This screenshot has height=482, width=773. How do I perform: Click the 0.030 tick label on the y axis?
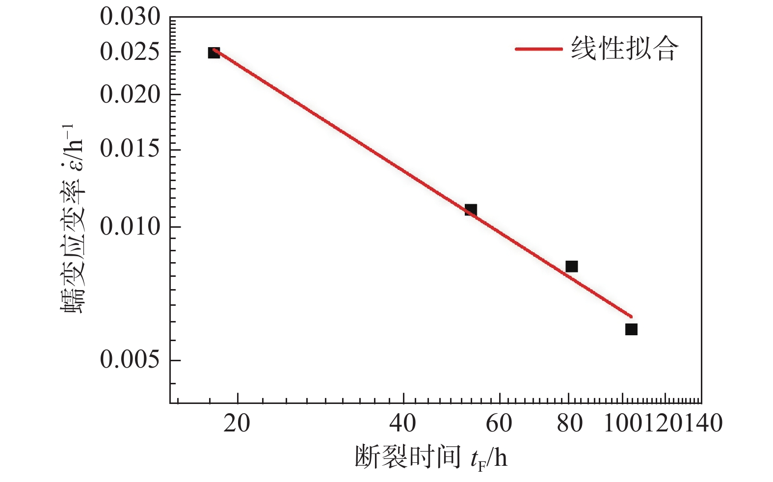[130, 18]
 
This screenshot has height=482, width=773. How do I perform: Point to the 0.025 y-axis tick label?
[130, 52]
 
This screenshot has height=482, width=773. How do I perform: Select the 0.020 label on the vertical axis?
[130, 94]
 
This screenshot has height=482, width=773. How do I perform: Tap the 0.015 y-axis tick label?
[130, 149]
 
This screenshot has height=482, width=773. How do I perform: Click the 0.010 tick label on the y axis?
[130, 226]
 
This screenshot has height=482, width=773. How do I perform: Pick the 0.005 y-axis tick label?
[130, 360]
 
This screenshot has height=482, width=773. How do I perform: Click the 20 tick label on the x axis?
[237, 423]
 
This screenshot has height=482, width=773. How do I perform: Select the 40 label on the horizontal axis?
[403, 423]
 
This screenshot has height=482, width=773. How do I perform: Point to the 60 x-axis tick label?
[499, 423]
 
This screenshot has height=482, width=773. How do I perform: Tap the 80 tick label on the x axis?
[569, 423]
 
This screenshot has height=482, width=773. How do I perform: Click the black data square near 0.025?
[213, 53]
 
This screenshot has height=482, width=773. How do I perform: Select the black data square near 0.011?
[471, 210]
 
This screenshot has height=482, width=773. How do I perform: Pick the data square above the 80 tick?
[571, 267]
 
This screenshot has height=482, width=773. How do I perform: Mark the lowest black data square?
[631, 329]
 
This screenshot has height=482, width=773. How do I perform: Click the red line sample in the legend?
[538, 49]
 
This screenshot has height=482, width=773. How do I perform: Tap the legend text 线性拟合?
[624, 49]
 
